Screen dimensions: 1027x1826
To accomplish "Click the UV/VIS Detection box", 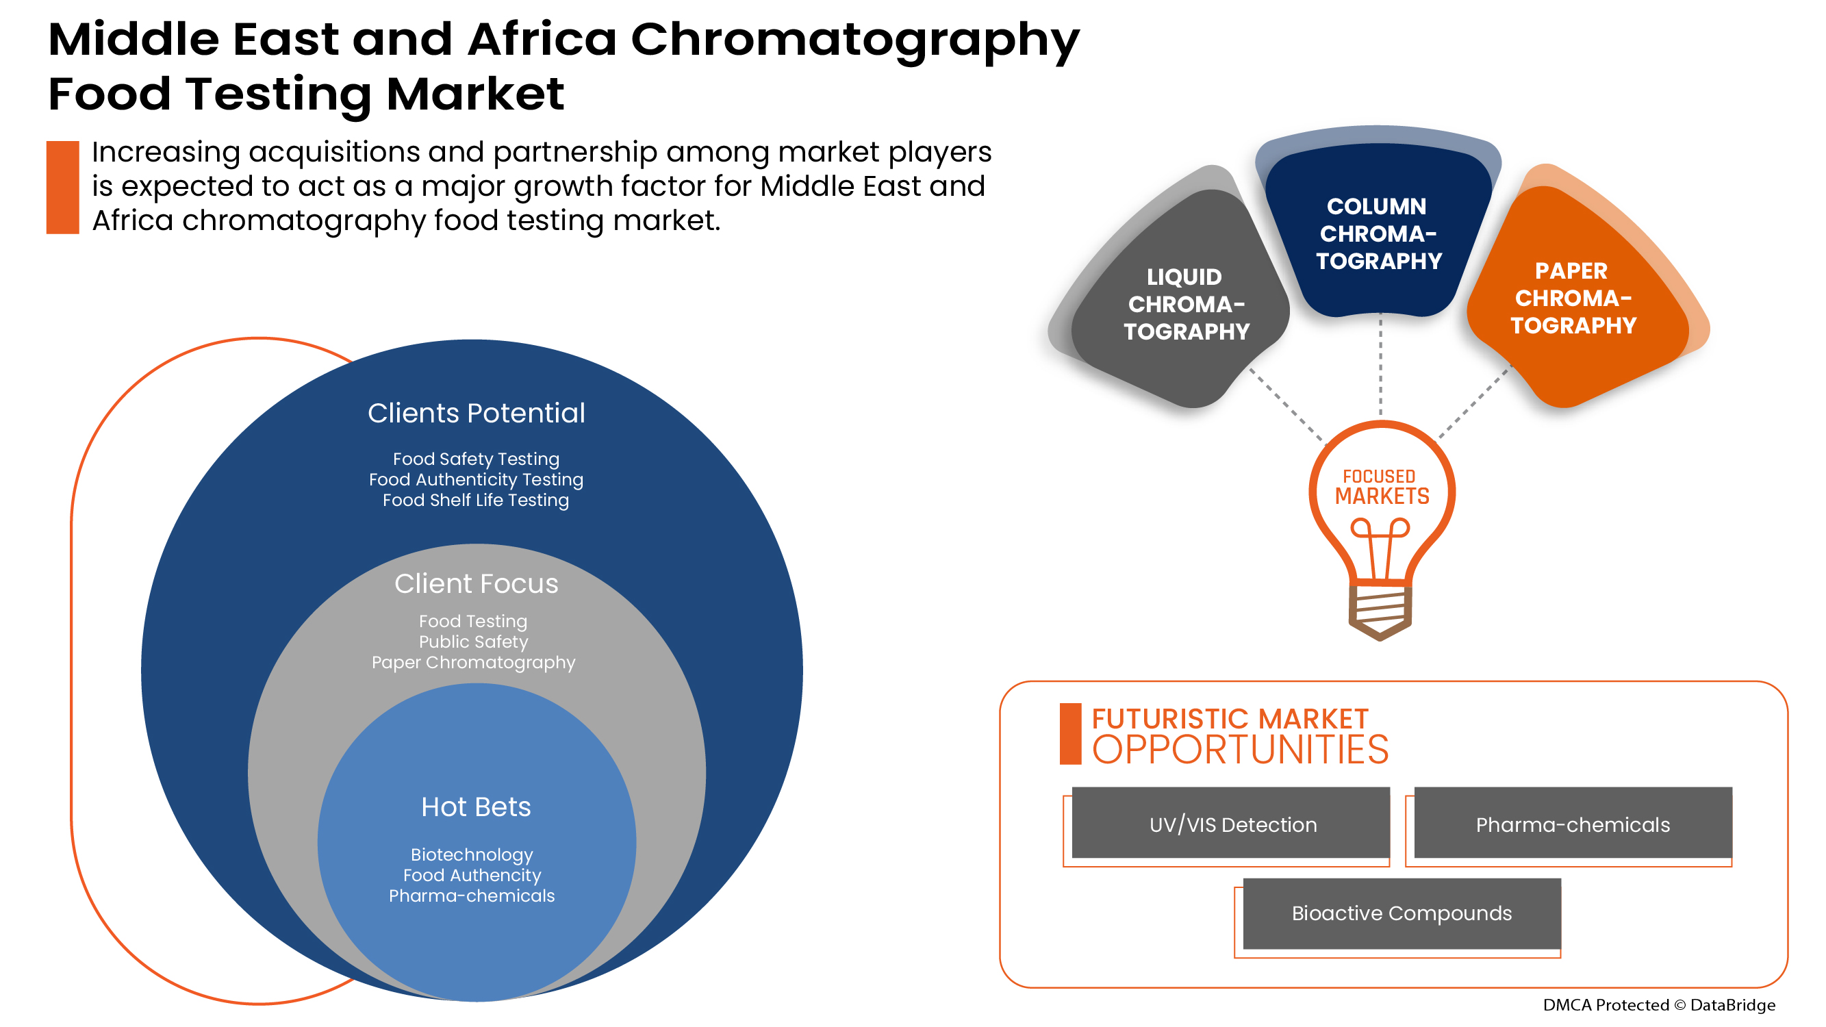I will (1231, 824).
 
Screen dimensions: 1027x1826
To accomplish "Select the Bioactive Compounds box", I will (1402, 913).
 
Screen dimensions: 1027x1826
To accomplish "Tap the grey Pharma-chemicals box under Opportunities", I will (1572, 824).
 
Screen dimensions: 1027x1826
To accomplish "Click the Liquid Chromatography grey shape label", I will (1185, 304).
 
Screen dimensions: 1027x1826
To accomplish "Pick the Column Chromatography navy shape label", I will (1378, 233).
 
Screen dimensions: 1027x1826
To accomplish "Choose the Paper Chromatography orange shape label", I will (1573, 298).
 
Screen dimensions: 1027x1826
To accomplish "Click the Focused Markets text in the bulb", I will (1381, 487).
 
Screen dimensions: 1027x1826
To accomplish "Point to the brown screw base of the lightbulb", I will (1380, 610).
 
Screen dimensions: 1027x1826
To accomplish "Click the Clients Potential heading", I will (477, 414).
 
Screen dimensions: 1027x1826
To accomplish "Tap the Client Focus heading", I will (477, 583).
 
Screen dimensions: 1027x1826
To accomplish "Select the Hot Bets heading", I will (476, 807).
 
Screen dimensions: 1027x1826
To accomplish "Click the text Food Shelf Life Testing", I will (476, 500).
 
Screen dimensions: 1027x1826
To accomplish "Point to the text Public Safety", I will (474, 642).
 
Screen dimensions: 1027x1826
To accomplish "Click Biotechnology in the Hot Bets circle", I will (471, 854).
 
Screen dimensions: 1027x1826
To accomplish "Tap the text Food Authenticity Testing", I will (476, 480).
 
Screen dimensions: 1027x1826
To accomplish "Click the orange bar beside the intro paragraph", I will (62, 187).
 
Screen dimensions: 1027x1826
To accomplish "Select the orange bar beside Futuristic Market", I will (1069, 733).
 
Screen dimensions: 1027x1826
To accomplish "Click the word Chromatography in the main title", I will (855, 40).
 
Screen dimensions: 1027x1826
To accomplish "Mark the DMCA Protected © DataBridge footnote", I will (1659, 1005).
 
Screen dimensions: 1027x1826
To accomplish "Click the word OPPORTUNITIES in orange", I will (1240, 750).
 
